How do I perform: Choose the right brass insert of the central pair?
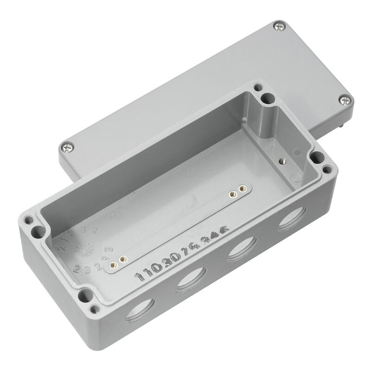tap(241, 190)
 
